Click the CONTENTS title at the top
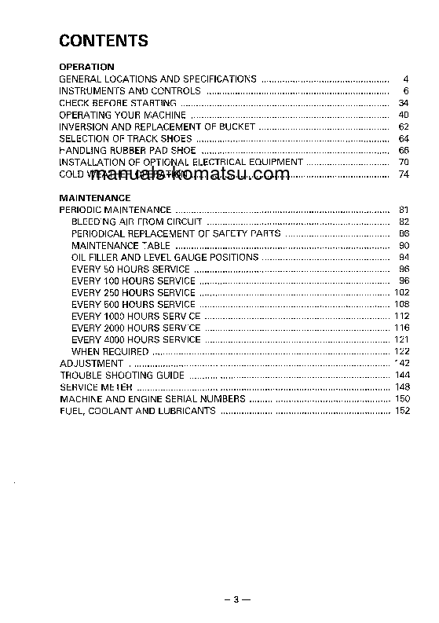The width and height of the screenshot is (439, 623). (104, 41)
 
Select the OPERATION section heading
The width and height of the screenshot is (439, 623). (87, 67)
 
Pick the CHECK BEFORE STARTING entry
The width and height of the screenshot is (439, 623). (118, 103)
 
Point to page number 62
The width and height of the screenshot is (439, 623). (404, 126)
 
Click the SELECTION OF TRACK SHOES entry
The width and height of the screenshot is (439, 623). (126, 138)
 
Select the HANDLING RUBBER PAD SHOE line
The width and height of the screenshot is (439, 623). (128, 150)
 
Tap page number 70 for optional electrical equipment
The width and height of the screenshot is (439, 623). (404, 162)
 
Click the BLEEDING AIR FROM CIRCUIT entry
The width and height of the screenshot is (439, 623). (137, 222)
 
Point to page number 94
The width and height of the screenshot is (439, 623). (404, 258)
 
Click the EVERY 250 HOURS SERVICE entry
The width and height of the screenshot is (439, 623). (133, 293)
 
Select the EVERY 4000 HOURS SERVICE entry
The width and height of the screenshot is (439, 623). (136, 340)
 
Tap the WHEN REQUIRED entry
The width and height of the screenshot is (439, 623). (109, 352)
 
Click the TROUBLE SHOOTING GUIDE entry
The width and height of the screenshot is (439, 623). (123, 376)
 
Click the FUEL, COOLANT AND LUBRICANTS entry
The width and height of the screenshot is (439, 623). (137, 411)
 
